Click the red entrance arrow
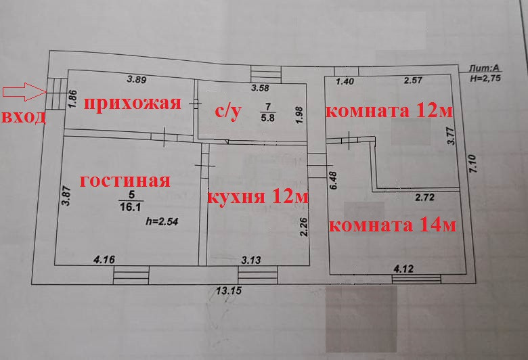click(x=23, y=91)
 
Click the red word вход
click(x=24, y=116)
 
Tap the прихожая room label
click(x=131, y=104)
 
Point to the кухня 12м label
click(x=257, y=198)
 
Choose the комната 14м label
click(x=392, y=225)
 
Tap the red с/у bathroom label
click(x=228, y=112)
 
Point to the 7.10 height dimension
click(x=473, y=164)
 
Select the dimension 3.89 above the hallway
click(x=137, y=79)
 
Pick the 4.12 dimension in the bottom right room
click(x=403, y=268)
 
